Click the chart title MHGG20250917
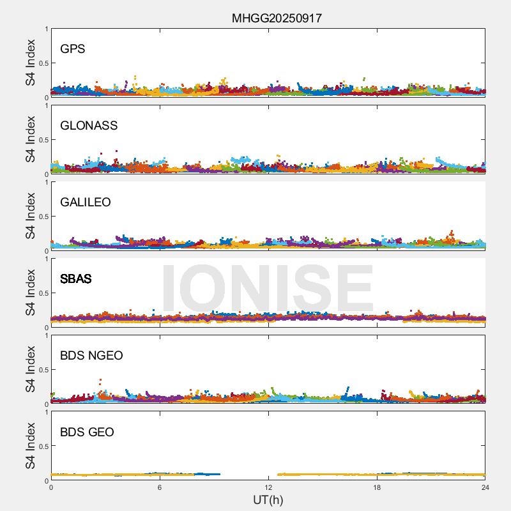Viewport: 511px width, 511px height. click(x=277, y=18)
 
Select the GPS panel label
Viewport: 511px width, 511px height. click(x=73, y=49)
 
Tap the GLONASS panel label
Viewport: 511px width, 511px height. click(x=89, y=126)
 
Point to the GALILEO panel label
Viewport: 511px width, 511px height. click(x=86, y=202)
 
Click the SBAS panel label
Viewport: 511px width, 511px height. click(x=76, y=279)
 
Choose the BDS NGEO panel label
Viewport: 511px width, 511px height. click(x=91, y=356)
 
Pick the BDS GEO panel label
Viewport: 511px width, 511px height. click(x=87, y=432)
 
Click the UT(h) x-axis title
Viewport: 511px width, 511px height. click(x=268, y=500)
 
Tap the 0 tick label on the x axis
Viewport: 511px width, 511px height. click(x=51, y=488)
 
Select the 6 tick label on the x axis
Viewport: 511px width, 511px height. click(x=160, y=488)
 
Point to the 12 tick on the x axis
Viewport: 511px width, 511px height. click(x=268, y=488)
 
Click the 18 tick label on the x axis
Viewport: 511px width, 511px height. click(x=377, y=488)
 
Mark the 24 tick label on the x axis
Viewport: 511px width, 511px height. click(x=485, y=488)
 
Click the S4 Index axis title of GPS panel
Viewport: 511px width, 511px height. click(x=31, y=63)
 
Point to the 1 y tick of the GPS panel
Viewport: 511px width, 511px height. click(x=46, y=29)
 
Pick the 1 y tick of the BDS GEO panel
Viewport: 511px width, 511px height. click(x=46, y=413)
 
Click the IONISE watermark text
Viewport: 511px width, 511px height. click(x=267, y=289)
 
